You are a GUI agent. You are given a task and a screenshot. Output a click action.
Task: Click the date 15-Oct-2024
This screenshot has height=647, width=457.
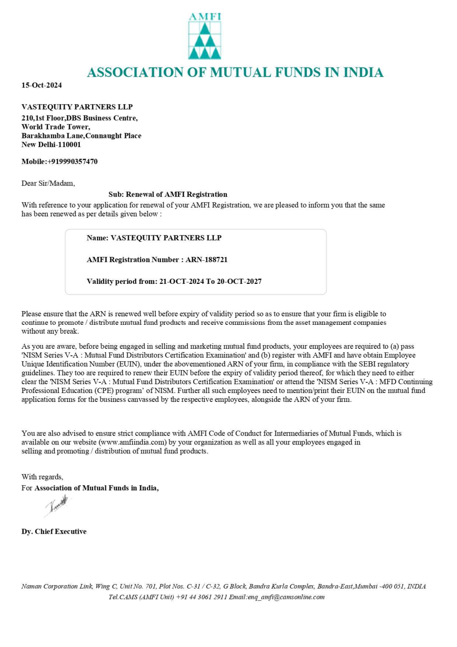[x=42, y=86]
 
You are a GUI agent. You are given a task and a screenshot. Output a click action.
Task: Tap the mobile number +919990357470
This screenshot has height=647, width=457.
[x=73, y=162]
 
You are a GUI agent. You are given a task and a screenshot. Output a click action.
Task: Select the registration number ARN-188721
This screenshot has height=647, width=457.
[x=206, y=260]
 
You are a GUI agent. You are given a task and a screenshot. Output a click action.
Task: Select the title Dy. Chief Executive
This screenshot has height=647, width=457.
[x=54, y=532]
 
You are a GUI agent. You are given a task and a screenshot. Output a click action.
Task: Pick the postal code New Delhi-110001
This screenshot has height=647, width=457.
[x=51, y=145]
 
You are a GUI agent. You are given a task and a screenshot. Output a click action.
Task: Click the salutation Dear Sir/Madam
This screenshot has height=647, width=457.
[x=48, y=184]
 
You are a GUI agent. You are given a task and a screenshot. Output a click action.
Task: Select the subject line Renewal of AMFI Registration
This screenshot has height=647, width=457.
[x=177, y=195]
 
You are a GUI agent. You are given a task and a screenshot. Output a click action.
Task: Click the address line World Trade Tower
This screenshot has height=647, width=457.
[x=56, y=127]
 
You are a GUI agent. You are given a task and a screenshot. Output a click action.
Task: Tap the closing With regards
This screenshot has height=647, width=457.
[x=42, y=477]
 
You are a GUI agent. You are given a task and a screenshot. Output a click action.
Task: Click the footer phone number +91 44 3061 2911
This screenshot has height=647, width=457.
[x=202, y=597]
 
